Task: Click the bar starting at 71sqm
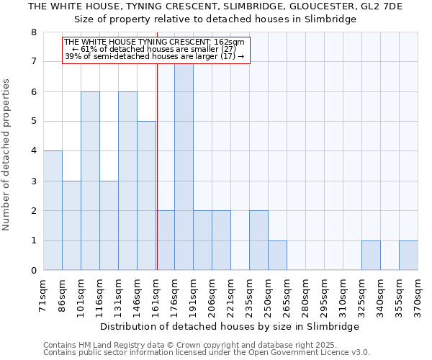53,210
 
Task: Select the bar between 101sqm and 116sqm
90,181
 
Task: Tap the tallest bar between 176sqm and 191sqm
184,167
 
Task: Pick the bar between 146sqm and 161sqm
146,196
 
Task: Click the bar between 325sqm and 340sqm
371,256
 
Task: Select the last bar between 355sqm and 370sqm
408,256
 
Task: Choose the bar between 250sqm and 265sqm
277,256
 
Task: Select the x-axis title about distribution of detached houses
230,326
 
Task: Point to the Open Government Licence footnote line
207,353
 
